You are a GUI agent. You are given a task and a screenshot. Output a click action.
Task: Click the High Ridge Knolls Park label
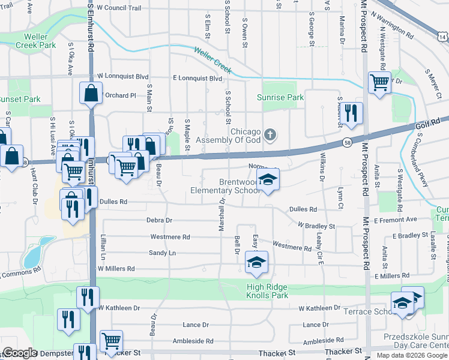click(259, 291)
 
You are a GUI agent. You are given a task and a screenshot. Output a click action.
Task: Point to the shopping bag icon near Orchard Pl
click(90, 94)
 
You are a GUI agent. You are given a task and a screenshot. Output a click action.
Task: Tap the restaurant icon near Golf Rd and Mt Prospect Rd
click(352, 112)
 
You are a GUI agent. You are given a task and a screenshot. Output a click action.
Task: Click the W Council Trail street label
click(119, 8)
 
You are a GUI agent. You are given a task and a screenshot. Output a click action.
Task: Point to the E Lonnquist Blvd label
click(197, 78)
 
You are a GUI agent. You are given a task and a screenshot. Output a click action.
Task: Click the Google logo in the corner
click(20, 353)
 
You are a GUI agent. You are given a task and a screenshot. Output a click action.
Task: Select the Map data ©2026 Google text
click(412, 355)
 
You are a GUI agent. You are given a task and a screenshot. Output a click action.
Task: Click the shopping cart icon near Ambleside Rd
click(112, 341)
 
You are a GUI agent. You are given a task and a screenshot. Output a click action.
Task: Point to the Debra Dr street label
click(159, 220)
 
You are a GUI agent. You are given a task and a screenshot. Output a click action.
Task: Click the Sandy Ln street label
click(162, 253)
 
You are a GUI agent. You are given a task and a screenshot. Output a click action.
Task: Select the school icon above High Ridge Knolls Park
click(256, 262)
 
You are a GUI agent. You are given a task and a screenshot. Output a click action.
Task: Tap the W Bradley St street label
click(316, 226)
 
